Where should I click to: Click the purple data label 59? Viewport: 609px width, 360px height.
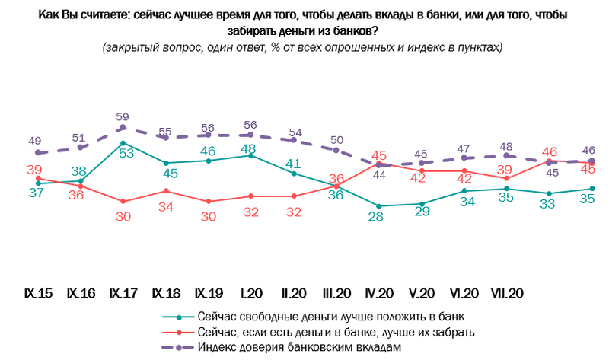click(123, 116)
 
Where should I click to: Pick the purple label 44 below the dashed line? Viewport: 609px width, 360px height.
click(378, 175)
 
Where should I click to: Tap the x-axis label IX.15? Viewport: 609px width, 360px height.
click(38, 292)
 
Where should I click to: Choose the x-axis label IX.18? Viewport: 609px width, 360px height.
click(165, 292)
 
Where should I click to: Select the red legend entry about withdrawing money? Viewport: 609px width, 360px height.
click(335, 331)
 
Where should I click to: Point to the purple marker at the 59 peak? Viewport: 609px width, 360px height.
click(123, 128)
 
